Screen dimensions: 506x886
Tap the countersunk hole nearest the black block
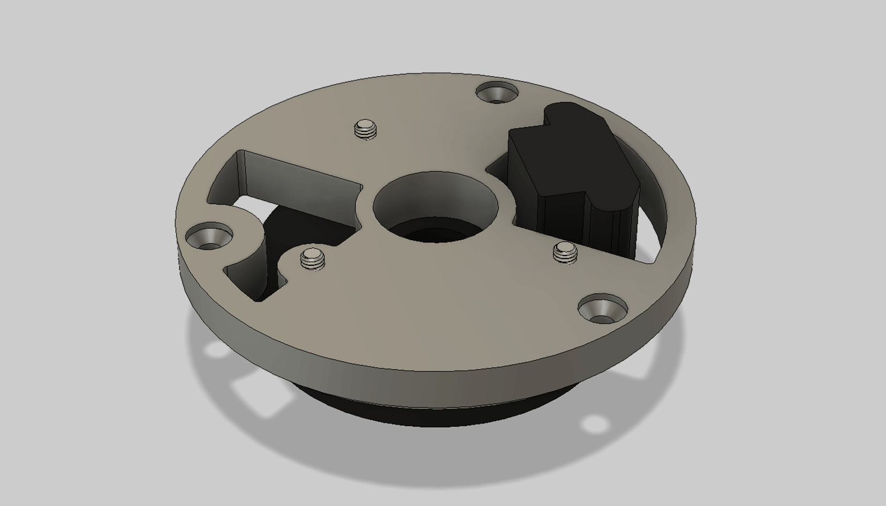497,93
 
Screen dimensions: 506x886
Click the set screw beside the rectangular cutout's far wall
366,129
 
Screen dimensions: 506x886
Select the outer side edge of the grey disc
428,364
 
